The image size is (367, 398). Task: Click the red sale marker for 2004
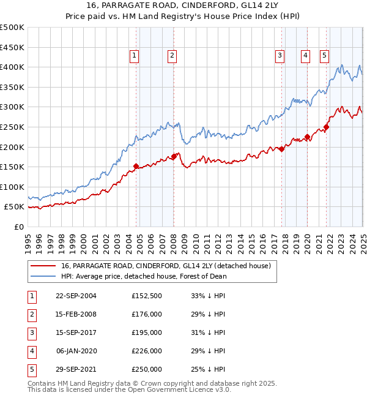pyautogui.click(x=136, y=166)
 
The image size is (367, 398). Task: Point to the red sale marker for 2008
pyautogui.click(x=174, y=156)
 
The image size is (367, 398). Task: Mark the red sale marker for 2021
pyautogui.click(x=327, y=127)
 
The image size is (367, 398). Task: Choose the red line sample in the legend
pyautogui.click(x=44, y=266)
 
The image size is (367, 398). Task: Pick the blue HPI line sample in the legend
pyautogui.click(x=44, y=276)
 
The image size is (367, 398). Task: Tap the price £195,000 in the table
pyautogui.click(x=147, y=332)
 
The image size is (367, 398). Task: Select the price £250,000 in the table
pyautogui.click(x=147, y=369)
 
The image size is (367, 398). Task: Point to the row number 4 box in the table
pyautogui.click(x=31, y=351)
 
